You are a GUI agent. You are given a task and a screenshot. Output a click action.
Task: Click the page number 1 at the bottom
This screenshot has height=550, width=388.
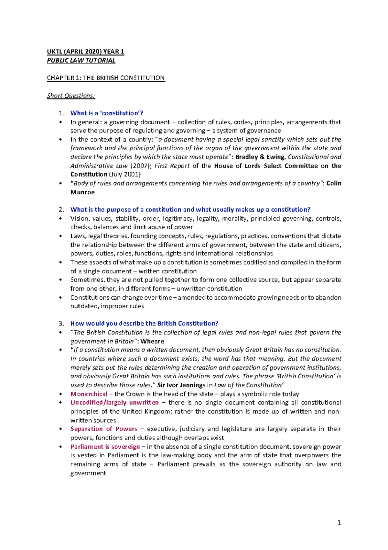(x=339, y=522)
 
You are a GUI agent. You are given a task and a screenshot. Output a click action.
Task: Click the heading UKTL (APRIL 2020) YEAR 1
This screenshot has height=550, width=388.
(x=85, y=52)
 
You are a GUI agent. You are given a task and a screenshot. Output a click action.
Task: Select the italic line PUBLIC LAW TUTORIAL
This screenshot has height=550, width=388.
(x=81, y=60)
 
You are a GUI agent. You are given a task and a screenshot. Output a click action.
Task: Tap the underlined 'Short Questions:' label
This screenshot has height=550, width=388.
(x=71, y=96)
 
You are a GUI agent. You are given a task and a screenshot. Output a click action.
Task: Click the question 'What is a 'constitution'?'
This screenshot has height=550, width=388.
(x=107, y=113)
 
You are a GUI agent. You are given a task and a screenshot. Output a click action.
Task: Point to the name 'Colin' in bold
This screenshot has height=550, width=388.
(x=334, y=183)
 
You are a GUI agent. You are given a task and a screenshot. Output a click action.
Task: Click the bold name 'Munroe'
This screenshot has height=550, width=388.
(x=82, y=192)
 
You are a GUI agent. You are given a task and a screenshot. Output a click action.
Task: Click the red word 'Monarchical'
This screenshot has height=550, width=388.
(x=89, y=394)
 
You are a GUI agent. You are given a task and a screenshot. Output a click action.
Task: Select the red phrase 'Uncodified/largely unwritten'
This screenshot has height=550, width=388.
(x=114, y=403)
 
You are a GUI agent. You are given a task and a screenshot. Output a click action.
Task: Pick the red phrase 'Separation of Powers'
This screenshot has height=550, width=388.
(x=103, y=429)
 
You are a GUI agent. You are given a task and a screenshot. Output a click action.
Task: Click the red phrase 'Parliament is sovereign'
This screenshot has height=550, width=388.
(x=105, y=447)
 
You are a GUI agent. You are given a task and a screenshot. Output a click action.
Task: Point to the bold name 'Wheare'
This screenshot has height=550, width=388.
(x=152, y=341)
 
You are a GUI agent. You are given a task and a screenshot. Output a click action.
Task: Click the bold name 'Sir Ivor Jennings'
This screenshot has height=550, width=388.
(x=181, y=385)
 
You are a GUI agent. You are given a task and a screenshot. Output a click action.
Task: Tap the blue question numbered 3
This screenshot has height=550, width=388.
(x=144, y=323)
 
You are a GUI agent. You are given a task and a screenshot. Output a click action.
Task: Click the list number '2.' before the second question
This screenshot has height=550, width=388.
(x=61, y=210)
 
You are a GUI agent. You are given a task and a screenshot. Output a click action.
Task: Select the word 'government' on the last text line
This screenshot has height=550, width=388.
(x=88, y=473)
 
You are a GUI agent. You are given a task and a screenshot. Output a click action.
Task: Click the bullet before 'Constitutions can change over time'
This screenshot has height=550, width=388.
(x=60, y=298)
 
